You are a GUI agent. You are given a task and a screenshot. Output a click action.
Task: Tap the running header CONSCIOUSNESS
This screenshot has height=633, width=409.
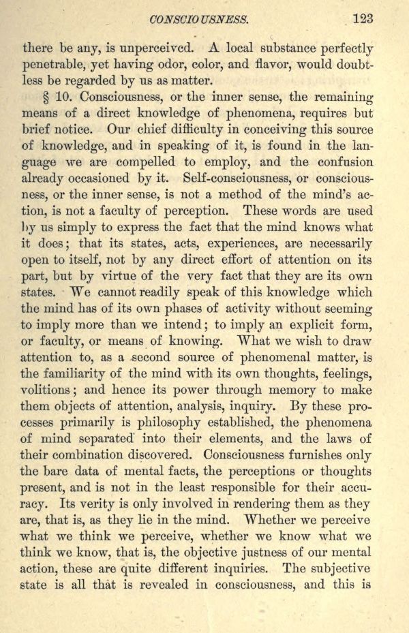click(x=198, y=20)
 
